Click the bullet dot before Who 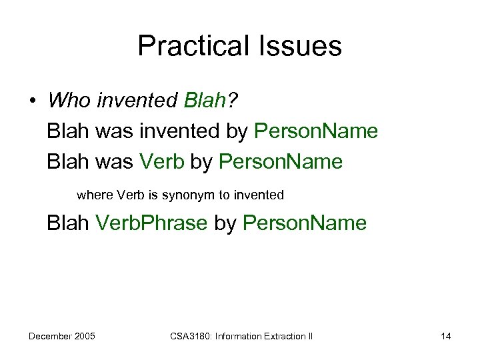[x=32, y=102]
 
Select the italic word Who [x=69, y=101]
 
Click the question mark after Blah [x=233, y=101]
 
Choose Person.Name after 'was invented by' [x=317, y=131]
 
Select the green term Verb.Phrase [x=152, y=223]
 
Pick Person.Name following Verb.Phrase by [x=305, y=223]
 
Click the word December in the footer [x=51, y=336]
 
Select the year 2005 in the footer [x=84, y=336]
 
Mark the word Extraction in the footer [x=276, y=336]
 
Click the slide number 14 [x=445, y=336]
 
